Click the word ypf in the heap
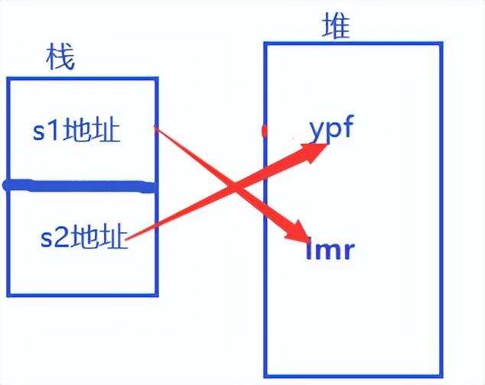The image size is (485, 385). point(330,128)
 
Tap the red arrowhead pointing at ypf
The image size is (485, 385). point(315,150)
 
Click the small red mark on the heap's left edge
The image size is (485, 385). point(265,131)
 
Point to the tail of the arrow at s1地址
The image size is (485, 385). point(157,129)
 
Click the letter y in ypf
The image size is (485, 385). point(317,130)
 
